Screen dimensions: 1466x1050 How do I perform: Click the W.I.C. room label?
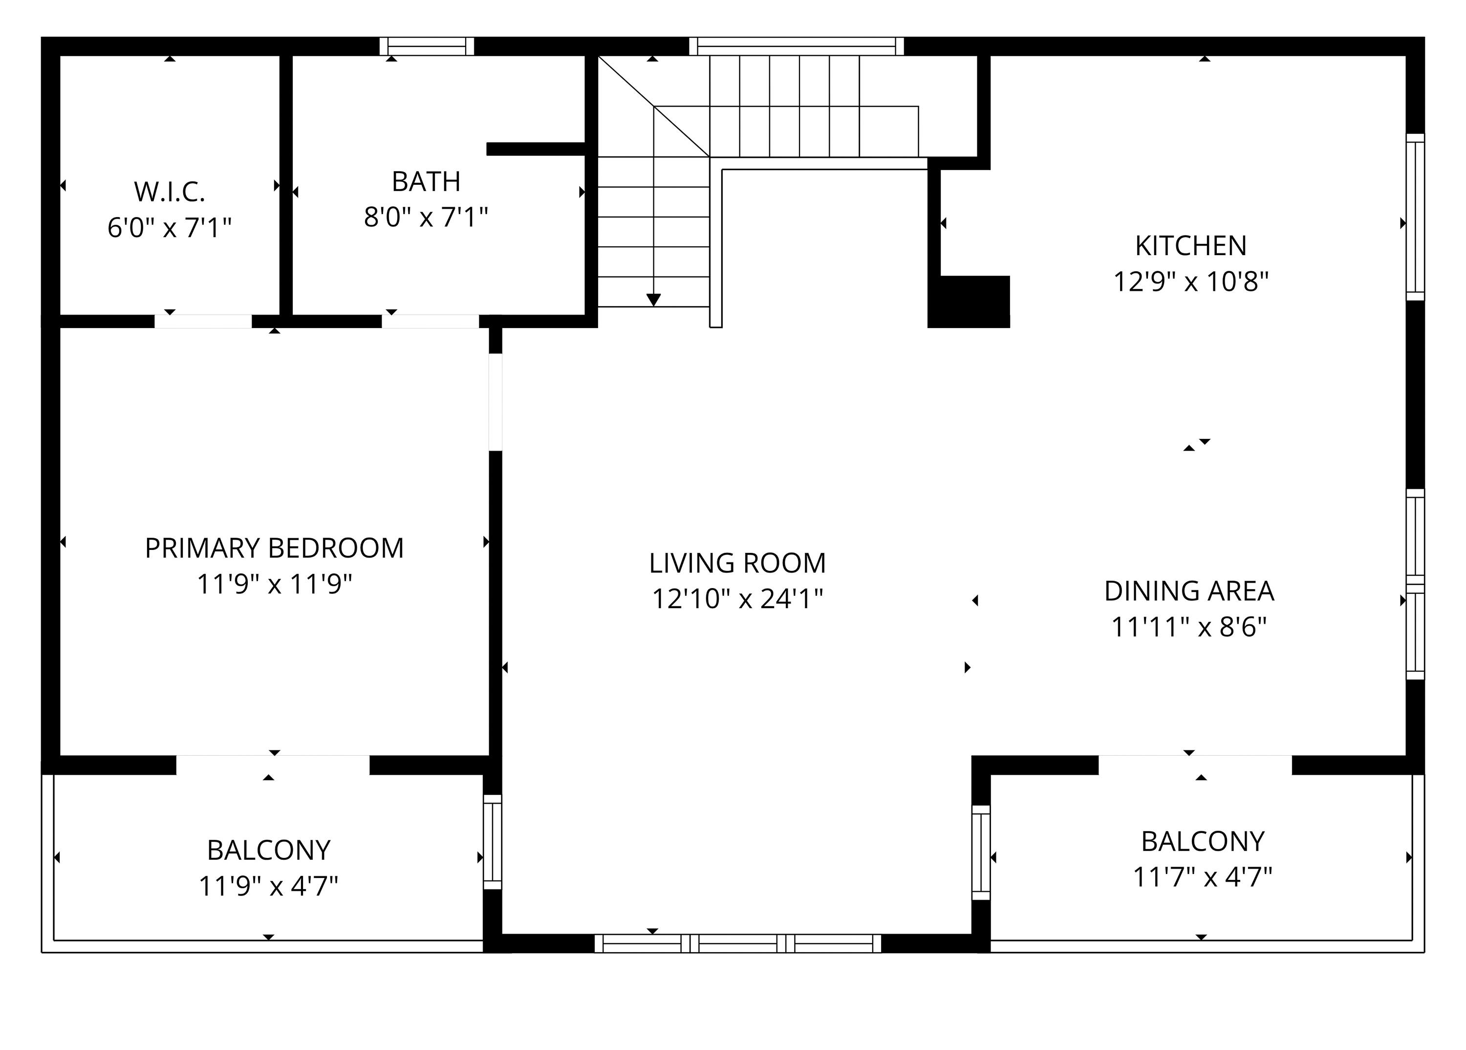170,192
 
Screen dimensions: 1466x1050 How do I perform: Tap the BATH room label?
426,182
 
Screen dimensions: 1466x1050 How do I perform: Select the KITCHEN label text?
1191,246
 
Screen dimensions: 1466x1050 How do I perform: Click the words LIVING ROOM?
737,563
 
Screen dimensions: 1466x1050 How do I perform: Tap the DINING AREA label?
1189,591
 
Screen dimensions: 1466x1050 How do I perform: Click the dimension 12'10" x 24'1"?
737,599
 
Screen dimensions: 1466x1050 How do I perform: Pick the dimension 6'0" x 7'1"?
170,228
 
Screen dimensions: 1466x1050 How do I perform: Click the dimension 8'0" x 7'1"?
426,217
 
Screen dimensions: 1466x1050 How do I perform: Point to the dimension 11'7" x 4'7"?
1202,877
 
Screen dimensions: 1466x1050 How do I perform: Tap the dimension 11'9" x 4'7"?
268,886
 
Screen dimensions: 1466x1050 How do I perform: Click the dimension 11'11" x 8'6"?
1189,627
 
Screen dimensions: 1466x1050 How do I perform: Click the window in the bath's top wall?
427,46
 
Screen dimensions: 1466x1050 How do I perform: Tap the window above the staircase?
797,46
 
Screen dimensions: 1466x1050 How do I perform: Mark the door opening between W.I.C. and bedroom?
203,321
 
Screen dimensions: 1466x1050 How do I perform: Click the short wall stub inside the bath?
536,149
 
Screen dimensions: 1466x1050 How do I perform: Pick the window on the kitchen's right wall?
1416,217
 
